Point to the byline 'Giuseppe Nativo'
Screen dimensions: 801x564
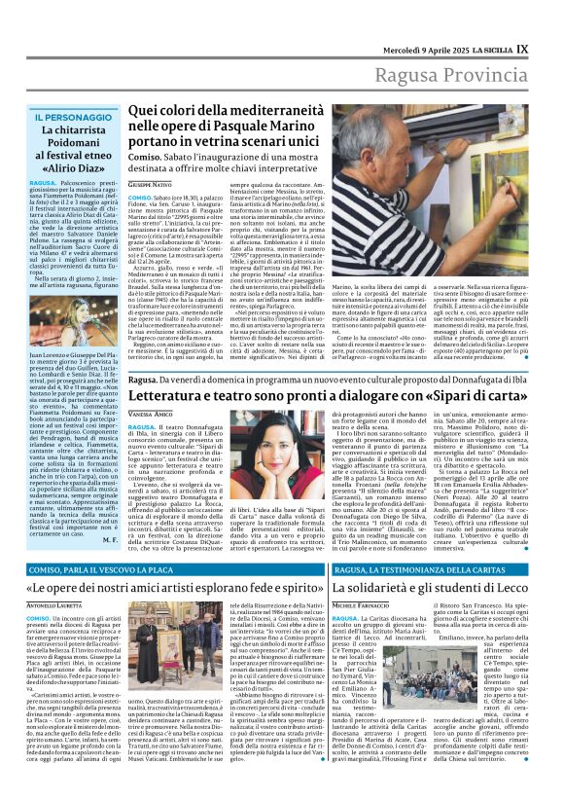(x=149, y=183)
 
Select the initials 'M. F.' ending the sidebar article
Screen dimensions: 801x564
(x=109, y=537)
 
